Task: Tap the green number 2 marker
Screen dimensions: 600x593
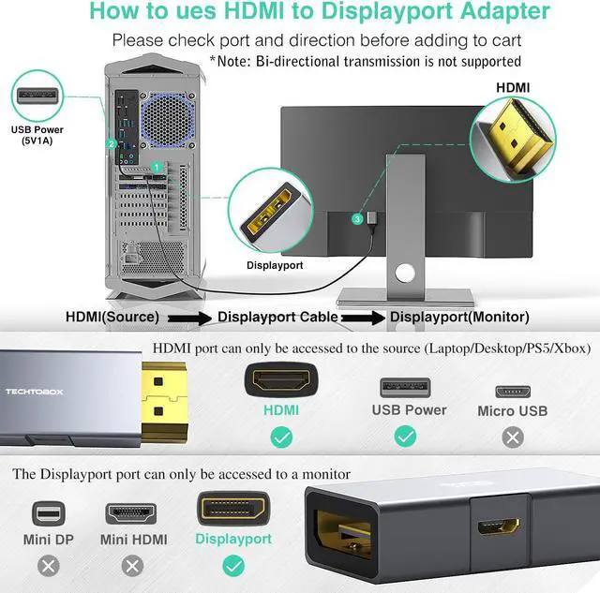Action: click(111, 143)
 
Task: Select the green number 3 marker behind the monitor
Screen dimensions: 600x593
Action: click(357, 219)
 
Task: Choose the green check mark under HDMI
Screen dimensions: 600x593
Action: click(280, 437)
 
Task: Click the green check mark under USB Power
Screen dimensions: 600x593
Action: click(405, 437)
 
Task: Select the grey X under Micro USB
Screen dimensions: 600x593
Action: click(512, 437)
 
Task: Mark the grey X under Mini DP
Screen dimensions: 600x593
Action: click(50, 566)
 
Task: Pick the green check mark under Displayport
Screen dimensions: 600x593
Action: click(233, 566)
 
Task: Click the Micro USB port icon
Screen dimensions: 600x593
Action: click(512, 390)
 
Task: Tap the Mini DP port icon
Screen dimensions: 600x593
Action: click(50, 513)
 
